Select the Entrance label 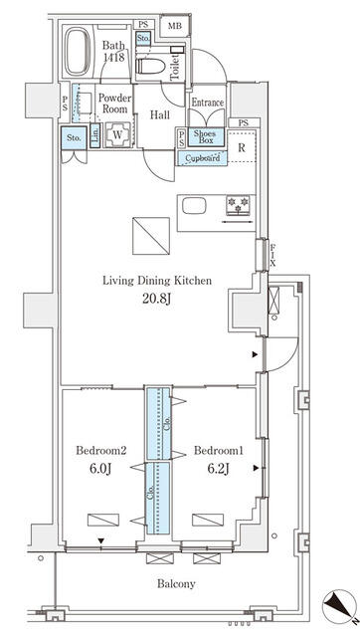click(207, 103)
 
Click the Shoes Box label click(206, 138)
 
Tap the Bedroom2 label click(98, 448)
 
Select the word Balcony click(175, 584)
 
